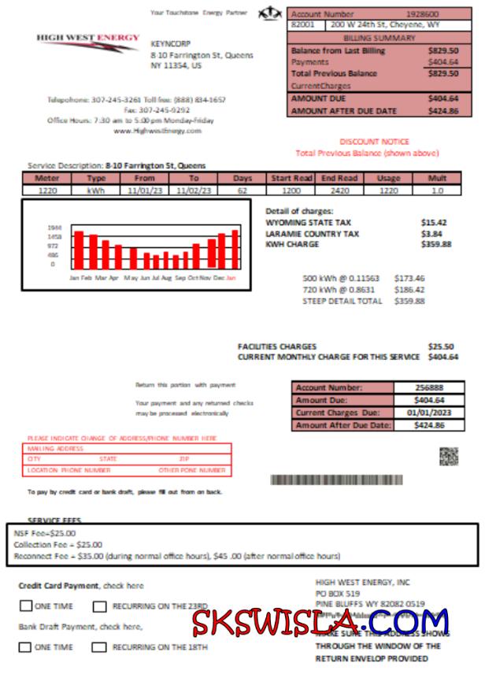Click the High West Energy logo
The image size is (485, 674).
point(87,41)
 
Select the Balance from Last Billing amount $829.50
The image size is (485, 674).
point(442,50)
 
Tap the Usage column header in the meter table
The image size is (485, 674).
point(389,178)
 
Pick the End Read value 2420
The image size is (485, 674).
point(340,190)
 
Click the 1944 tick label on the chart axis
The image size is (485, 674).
point(54,228)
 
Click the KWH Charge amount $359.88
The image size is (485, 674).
point(436,244)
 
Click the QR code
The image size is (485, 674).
point(449,456)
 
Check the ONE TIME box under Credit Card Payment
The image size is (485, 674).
point(26,606)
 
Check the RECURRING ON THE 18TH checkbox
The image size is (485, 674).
point(98,647)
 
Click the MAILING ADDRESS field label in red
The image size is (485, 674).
point(55,449)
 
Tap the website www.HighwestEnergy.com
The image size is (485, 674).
point(157,131)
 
